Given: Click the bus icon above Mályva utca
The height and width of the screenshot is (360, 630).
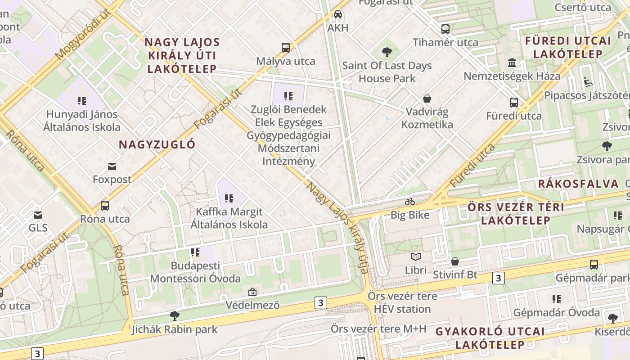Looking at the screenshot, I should click(x=285, y=47).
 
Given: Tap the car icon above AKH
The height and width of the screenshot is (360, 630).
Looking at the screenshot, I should click(x=338, y=14).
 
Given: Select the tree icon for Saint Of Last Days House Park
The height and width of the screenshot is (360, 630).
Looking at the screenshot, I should click(x=387, y=52).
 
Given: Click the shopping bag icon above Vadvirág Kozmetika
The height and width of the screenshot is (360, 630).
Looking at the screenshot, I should click(x=427, y=99).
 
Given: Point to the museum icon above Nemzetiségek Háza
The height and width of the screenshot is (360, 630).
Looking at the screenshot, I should click(x=512, y=63).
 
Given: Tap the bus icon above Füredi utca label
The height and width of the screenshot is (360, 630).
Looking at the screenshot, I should click(x=514, y=103).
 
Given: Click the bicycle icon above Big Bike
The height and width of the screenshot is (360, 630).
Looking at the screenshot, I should click(x=409, y=202).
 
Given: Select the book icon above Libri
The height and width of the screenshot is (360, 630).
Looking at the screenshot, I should click(x=415, y=257).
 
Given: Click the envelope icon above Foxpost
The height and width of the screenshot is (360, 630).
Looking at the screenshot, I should click(x=112, y=166).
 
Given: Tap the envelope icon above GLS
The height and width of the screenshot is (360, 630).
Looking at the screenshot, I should click(x=38, y=215).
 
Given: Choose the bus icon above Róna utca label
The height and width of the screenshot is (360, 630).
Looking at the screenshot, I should click(x=105, y=206).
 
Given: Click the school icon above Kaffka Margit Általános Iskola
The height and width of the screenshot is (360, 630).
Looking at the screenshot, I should click(x=229, y=198).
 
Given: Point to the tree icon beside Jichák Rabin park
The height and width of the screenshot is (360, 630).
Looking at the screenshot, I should click(x=175, y=315).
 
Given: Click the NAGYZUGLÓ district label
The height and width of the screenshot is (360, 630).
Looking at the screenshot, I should click(x=157, y=144).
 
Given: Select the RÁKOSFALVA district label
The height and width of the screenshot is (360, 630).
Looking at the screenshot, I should click(x=578, y=184).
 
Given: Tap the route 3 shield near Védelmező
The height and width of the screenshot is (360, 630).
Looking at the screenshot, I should click(x=320, y=303).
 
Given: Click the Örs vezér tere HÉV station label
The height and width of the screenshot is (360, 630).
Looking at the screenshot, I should click(x=402, y=303).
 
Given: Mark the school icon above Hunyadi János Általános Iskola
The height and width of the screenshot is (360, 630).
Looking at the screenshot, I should click(x=81, y=101).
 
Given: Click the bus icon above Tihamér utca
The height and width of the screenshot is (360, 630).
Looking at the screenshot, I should click(x=445, y=29).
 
